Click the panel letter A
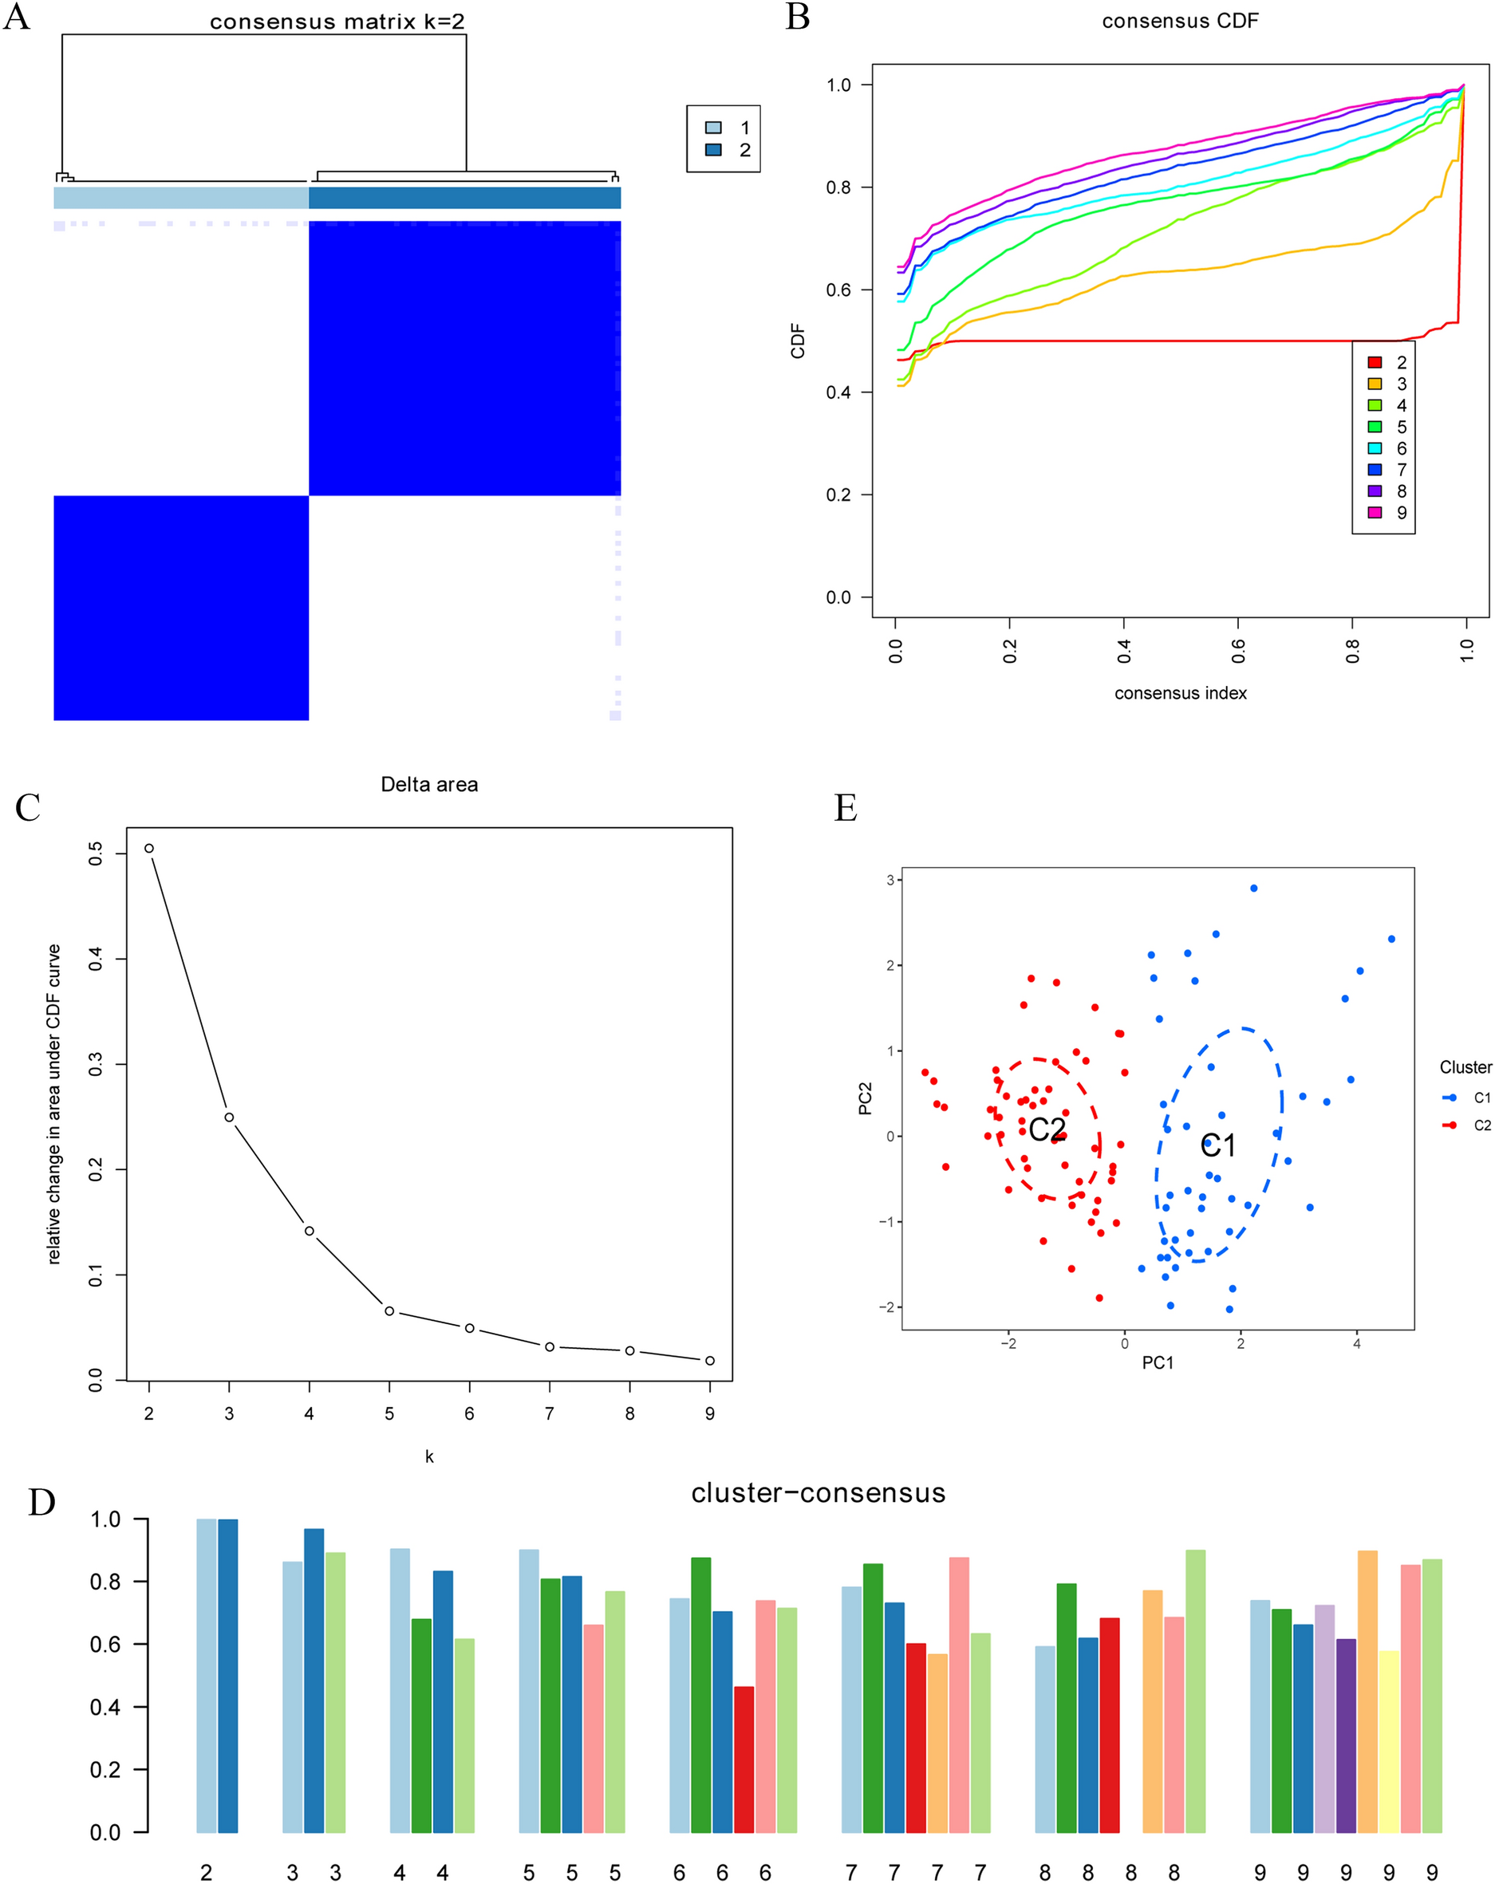click(x=17, y=17)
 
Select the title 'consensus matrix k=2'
click(x=337, y=22)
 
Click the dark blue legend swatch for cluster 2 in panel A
click(x=713, y=149)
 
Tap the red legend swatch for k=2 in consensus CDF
click(x=1375, y=363)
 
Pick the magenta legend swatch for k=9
click(x=1375, y=512)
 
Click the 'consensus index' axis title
click(x=1180, y=693)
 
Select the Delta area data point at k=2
click(x=149, y=848)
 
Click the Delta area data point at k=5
click(x=389, y=1311)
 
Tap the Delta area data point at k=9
click(x=709, y=1361)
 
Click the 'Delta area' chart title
click(x=429, y=785)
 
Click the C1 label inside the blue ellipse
click(x=1217, y=1145)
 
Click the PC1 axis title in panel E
click(x=1158, y=1363)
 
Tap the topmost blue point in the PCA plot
click(x=1254, y=888)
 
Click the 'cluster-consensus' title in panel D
click(x=818, y=1492)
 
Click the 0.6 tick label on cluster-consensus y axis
click(x=105, y=1645)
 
